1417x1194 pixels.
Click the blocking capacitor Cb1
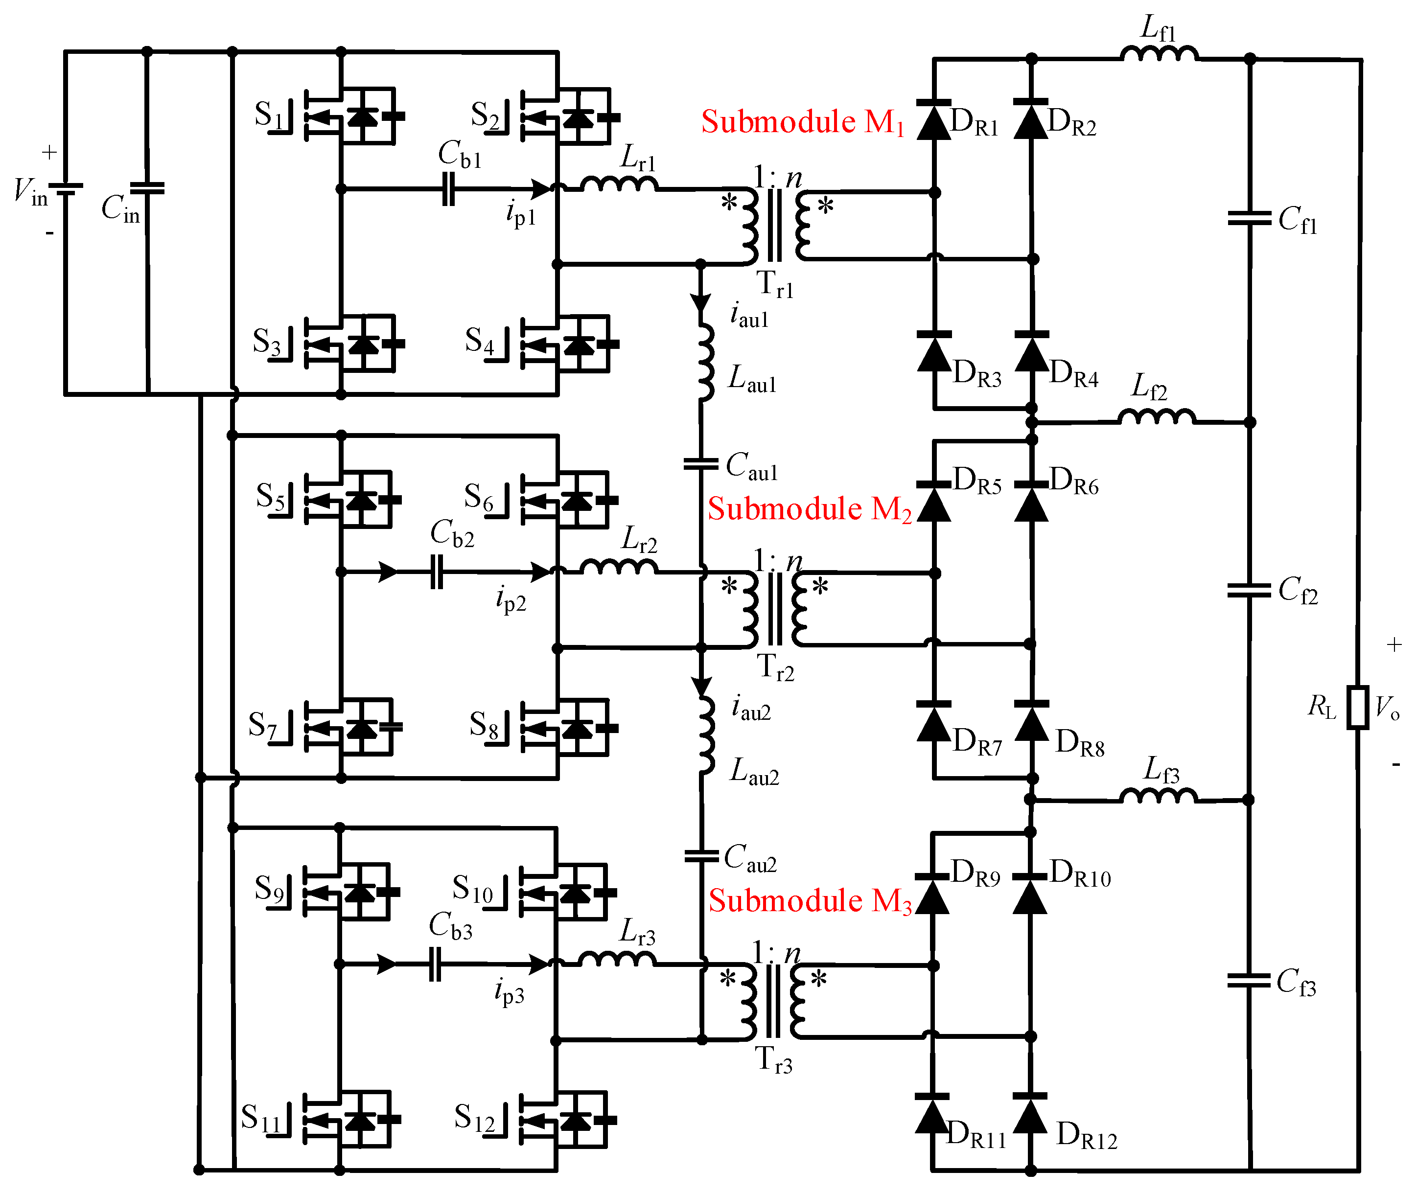(448, 189)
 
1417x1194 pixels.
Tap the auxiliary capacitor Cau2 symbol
(701, 856)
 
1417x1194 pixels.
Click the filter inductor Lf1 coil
(1159, 53)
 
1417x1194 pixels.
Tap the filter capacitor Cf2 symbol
(1249, 590)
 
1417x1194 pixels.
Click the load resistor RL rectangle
(1357, 707)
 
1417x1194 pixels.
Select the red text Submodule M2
(809, 509)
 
